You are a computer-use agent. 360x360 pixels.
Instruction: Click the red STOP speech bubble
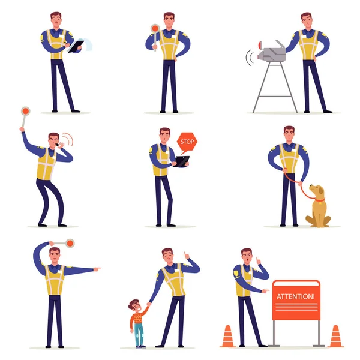pos(187,142)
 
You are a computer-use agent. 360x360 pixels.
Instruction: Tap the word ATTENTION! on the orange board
pos(295,296)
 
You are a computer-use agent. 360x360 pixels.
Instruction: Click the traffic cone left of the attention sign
pos(227,336)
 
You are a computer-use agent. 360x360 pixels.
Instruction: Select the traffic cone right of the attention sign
pos(335,336)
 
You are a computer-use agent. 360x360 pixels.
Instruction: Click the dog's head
pos(317,191)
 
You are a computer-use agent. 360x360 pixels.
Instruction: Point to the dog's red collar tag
pos(318,203)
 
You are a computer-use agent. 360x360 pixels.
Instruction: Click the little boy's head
pos(134,305)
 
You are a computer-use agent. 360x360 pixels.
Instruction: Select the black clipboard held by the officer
pos(76,46)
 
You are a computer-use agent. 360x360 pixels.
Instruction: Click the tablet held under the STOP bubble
pos(181,161)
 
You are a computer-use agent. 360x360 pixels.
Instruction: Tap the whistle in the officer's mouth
pos(57,145)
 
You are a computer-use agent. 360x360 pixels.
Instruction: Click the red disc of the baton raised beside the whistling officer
pos(25,112)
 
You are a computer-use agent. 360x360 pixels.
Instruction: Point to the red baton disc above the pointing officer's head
pos(70,243)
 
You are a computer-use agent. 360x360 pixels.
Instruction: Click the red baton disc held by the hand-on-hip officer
pos(155,28)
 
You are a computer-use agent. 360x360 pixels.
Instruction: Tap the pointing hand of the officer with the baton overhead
pos(97,269)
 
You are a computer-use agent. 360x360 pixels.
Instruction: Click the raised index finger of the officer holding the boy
pos(185,254)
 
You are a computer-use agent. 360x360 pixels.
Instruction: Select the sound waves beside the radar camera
pos(249,58)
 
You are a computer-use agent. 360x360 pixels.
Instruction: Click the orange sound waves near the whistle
pos(68,139)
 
